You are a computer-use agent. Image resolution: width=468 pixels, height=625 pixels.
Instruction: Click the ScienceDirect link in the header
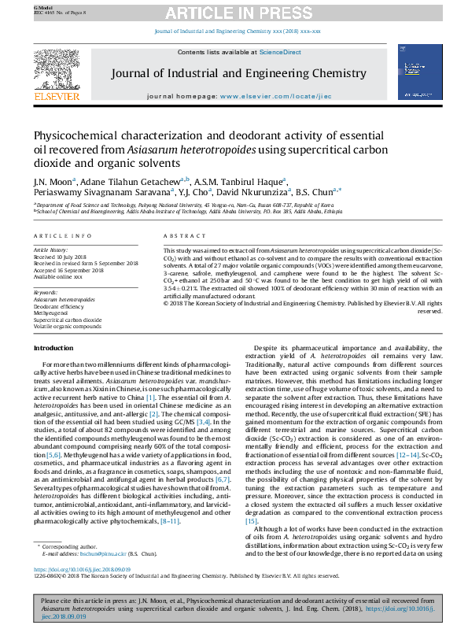281,52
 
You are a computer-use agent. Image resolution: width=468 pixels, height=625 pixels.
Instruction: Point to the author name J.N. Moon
50,180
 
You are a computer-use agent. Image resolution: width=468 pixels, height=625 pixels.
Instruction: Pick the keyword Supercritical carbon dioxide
67,320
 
